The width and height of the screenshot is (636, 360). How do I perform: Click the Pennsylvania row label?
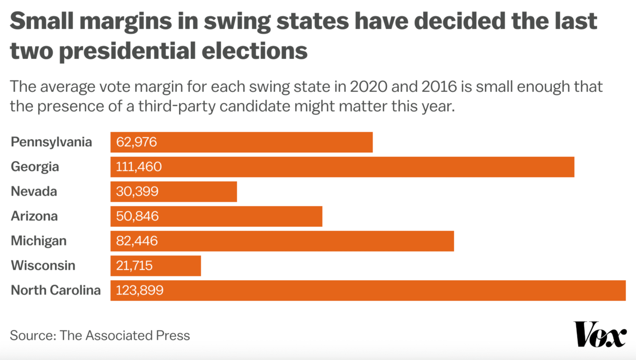[51, 142]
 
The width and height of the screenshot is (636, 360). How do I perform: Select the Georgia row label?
[35, 167]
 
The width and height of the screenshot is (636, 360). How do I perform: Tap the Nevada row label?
[34, 191]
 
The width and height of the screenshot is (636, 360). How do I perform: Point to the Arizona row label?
[34, 216]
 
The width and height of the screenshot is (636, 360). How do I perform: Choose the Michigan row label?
[39, 241]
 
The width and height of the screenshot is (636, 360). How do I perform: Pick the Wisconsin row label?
[43, 266]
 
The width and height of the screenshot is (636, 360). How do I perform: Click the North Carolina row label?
[55, 290]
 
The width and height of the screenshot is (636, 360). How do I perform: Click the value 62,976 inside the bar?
[136, 142]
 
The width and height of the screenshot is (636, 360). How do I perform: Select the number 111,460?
[139, 167]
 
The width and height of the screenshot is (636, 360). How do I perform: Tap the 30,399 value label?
[137, 191]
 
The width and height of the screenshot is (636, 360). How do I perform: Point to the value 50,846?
[137, 216]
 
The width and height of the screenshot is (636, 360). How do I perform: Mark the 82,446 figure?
[137, 241]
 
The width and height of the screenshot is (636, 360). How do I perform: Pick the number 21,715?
[134, 266]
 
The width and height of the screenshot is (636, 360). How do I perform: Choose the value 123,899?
[140, 290]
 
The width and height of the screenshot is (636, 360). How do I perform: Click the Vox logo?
[600, 334]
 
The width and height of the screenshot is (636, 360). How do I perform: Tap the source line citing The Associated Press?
[100, 335]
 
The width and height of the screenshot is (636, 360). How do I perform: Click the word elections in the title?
[254, 51]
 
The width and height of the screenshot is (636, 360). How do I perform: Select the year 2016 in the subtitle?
[439, 87]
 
